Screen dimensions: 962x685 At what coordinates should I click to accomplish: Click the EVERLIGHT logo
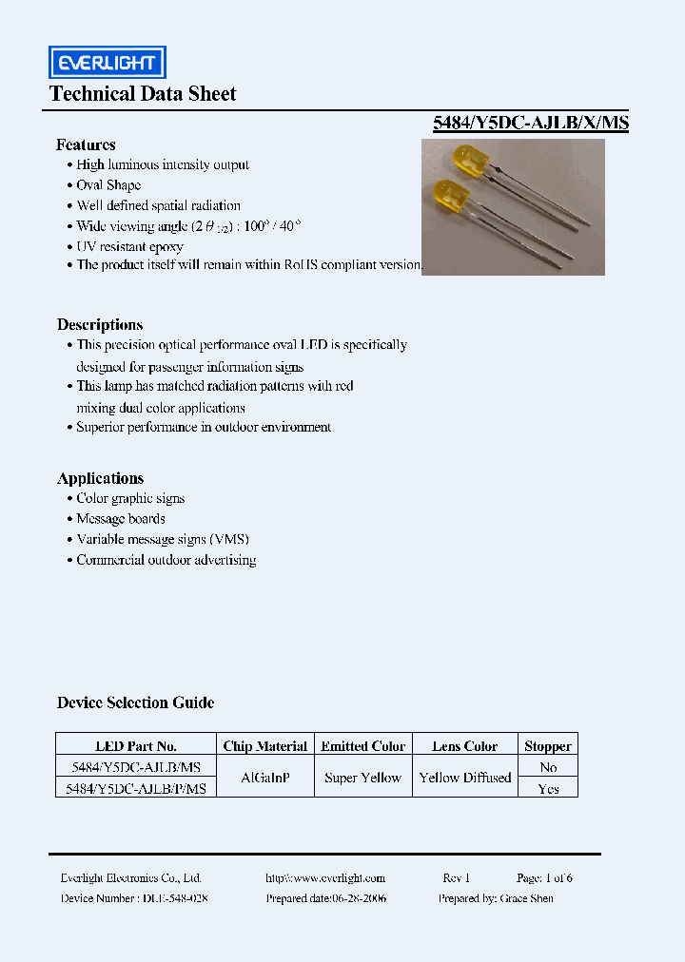tap(108, 63)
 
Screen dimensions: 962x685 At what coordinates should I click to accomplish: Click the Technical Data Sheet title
tap(143, 93)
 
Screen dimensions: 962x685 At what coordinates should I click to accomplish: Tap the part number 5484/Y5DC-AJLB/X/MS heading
tap(530, 123)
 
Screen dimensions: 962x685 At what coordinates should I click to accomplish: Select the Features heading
tap(86, 144)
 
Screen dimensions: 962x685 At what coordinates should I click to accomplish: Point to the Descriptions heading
tap(100, 324)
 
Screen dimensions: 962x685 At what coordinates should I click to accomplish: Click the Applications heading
tap(100, 478)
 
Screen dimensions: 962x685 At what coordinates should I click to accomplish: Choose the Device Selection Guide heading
tap(135, 702)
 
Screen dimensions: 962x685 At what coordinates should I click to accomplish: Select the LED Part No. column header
tap(136, 746)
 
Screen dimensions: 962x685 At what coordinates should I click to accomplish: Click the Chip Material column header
tap(264, 746)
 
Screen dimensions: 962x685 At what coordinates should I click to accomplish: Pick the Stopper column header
tap(548, 746)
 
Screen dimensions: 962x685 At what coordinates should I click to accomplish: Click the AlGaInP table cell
tap(265, 778)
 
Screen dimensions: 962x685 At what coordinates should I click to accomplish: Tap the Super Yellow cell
tap(362, 778)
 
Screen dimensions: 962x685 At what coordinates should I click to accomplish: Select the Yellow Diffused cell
tap(465, 778)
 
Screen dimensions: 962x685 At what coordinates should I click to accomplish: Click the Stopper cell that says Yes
tap(548, 789)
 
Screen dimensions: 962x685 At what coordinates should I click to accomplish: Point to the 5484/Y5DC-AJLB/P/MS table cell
tap(137, 789)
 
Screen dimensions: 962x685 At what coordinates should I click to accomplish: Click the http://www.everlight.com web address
tap(325, 878)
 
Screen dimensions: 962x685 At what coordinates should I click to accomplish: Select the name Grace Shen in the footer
tap(526, 898)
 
